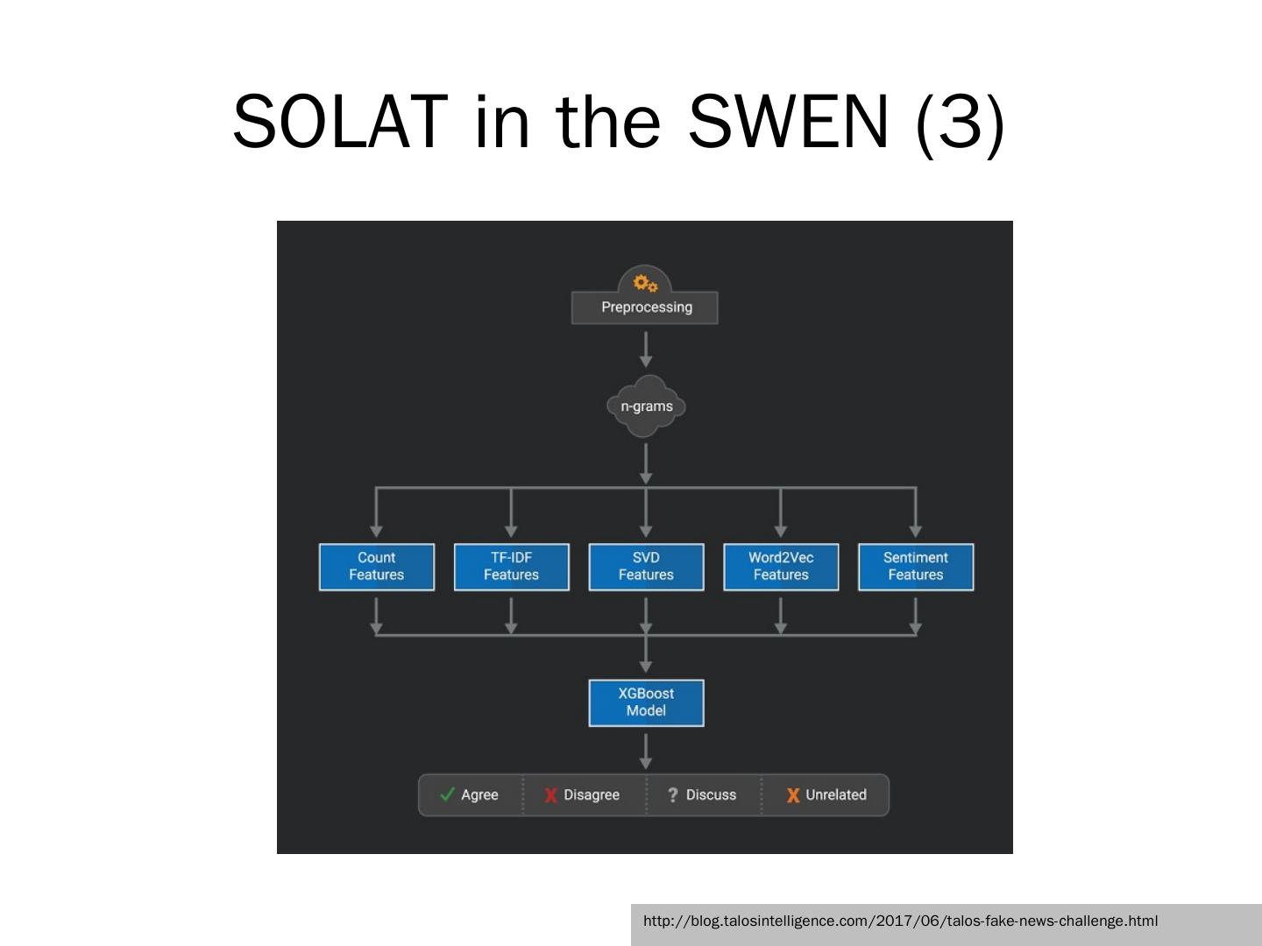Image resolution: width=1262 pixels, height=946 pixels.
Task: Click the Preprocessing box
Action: pos(645,307)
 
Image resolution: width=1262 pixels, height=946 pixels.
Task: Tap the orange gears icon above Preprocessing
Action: pos(645,284)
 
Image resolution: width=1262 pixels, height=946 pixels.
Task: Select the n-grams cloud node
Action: pos(646,406)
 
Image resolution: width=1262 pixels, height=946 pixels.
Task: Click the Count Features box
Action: pos(376,567)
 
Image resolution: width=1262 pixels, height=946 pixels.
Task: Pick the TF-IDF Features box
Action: pos(511,567)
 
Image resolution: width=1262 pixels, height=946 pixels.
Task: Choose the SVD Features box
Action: pos(646,567)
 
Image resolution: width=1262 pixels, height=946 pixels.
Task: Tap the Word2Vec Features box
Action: pos(781,567)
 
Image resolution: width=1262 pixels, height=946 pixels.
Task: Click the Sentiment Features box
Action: pos(915,567)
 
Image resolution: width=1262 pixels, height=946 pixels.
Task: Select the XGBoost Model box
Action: pos(646,702)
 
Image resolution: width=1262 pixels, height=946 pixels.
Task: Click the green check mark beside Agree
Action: pos(447,794)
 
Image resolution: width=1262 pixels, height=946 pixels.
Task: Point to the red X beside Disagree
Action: pos(550,795)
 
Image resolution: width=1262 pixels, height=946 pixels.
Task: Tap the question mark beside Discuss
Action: pos(672,795)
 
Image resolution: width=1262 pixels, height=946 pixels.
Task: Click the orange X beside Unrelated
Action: pos(792,795)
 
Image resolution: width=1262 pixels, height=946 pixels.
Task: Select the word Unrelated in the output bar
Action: pos(836,794)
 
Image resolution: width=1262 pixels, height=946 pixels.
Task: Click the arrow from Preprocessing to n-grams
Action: pos(646,349)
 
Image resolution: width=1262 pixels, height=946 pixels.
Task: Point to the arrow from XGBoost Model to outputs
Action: pos(646,751)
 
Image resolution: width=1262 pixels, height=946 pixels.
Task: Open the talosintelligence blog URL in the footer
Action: pos(900,921)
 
